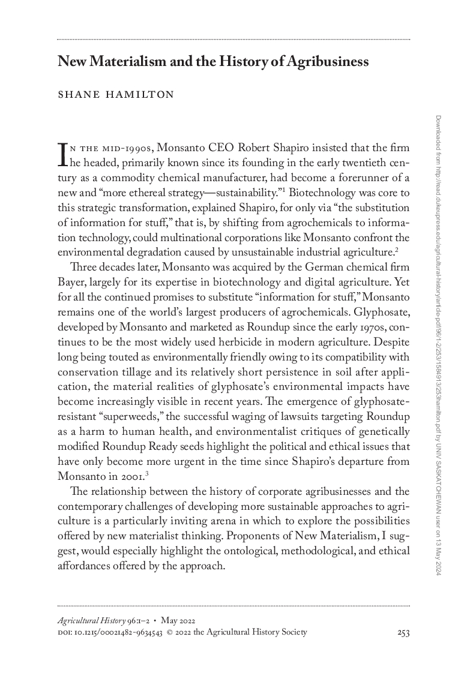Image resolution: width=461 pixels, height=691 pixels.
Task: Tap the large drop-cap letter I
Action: pyautogui.click(x=62, y=153)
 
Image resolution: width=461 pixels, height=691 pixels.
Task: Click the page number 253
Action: pyautogui.click(x=403, y=632)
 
